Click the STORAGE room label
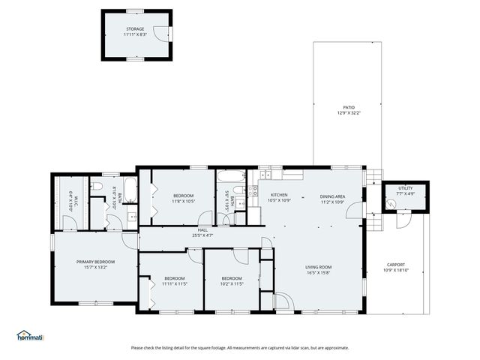pos(134,29)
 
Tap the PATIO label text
pos(349,107)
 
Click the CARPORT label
pos(396,265)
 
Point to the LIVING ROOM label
pos(318,267)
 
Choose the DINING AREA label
pos(332,196)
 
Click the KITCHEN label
pos(279,196)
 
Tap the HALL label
pos(203,230)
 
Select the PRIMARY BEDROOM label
pos(95,262)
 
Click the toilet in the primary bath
pos(97,187)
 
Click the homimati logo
pos(30,335)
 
